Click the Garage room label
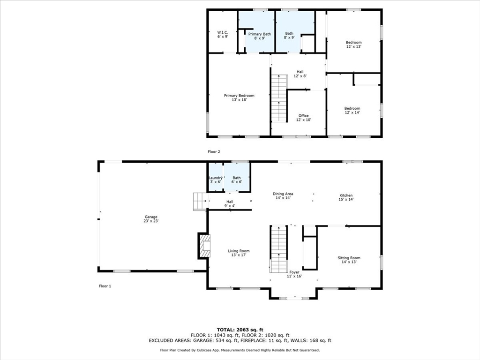[x=151, y=219]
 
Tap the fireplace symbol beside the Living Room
[x=205, y=246]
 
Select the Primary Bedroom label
[x=239, y=97]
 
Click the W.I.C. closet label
[x=223, y=34]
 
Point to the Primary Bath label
[x=260, y=36]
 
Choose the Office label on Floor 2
[x=303, y=118]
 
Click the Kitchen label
[x=346, y=197]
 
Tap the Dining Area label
[x=283, y=196]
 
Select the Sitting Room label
[x=349, y=260]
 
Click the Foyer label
[x=294, y=274]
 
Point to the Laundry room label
[x=216, y=180]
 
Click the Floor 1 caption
[x=105, y=286]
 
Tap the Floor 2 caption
[x=214, y=152]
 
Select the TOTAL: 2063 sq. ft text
[x=240, y=330]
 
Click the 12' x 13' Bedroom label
[x=353, y=45]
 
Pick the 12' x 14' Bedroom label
[x=352, y=111]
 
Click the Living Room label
[x=239, y=253]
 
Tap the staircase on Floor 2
[x=278, y=98]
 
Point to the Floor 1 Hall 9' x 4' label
[x=230, y=204]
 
